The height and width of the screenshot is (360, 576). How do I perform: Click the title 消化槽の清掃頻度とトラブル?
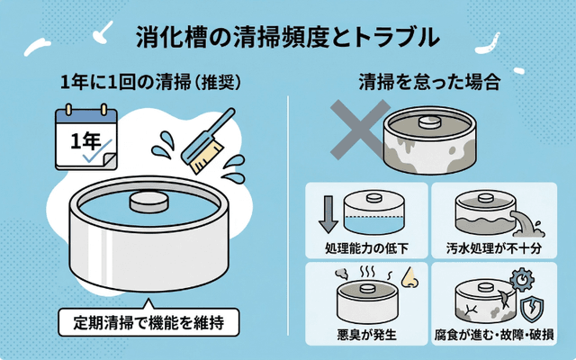coord(288,37)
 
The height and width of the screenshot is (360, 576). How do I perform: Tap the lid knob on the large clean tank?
coord(148,201)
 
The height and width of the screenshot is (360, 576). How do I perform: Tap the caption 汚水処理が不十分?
coord(494,247)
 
